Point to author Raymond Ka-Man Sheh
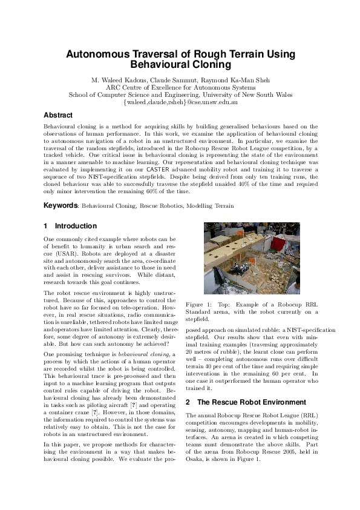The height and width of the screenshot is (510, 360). point(236,80)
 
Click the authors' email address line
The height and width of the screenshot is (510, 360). point(180,102)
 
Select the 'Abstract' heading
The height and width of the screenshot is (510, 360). point(58,115)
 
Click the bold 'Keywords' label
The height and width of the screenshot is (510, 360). point(61,206)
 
